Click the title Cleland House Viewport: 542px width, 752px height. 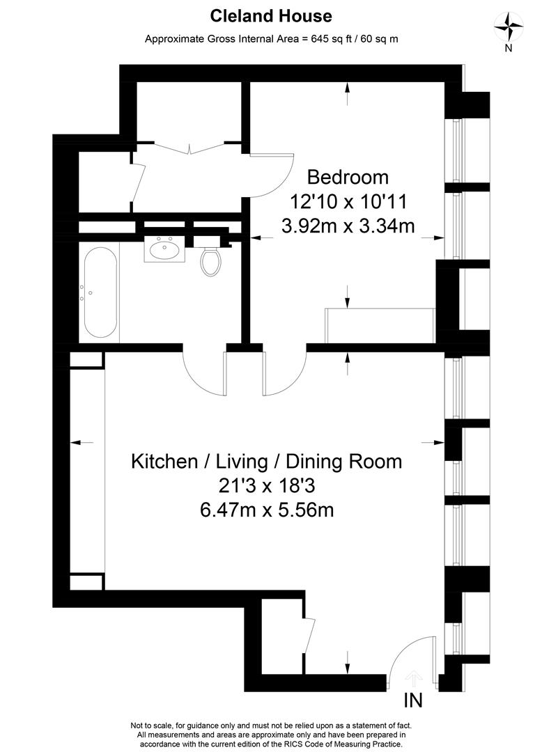[x=271, y=15]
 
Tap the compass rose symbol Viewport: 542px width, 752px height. [x=509, y=27]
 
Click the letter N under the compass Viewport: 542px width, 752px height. [x=509, y=48]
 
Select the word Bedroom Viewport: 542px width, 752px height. [x=348, y=177]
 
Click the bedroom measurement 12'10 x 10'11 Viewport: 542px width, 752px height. [x=348, y=202]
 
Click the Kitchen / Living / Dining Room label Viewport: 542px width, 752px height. [x=267, y=461]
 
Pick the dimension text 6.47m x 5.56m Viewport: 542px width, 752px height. [x=267, y=510]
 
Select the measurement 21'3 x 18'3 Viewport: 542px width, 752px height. [x=267, y=485]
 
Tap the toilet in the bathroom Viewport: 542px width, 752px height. [x=210, y=260]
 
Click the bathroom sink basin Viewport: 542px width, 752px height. [x=165, y=248]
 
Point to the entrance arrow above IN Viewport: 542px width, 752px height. [x=414, y=676]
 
